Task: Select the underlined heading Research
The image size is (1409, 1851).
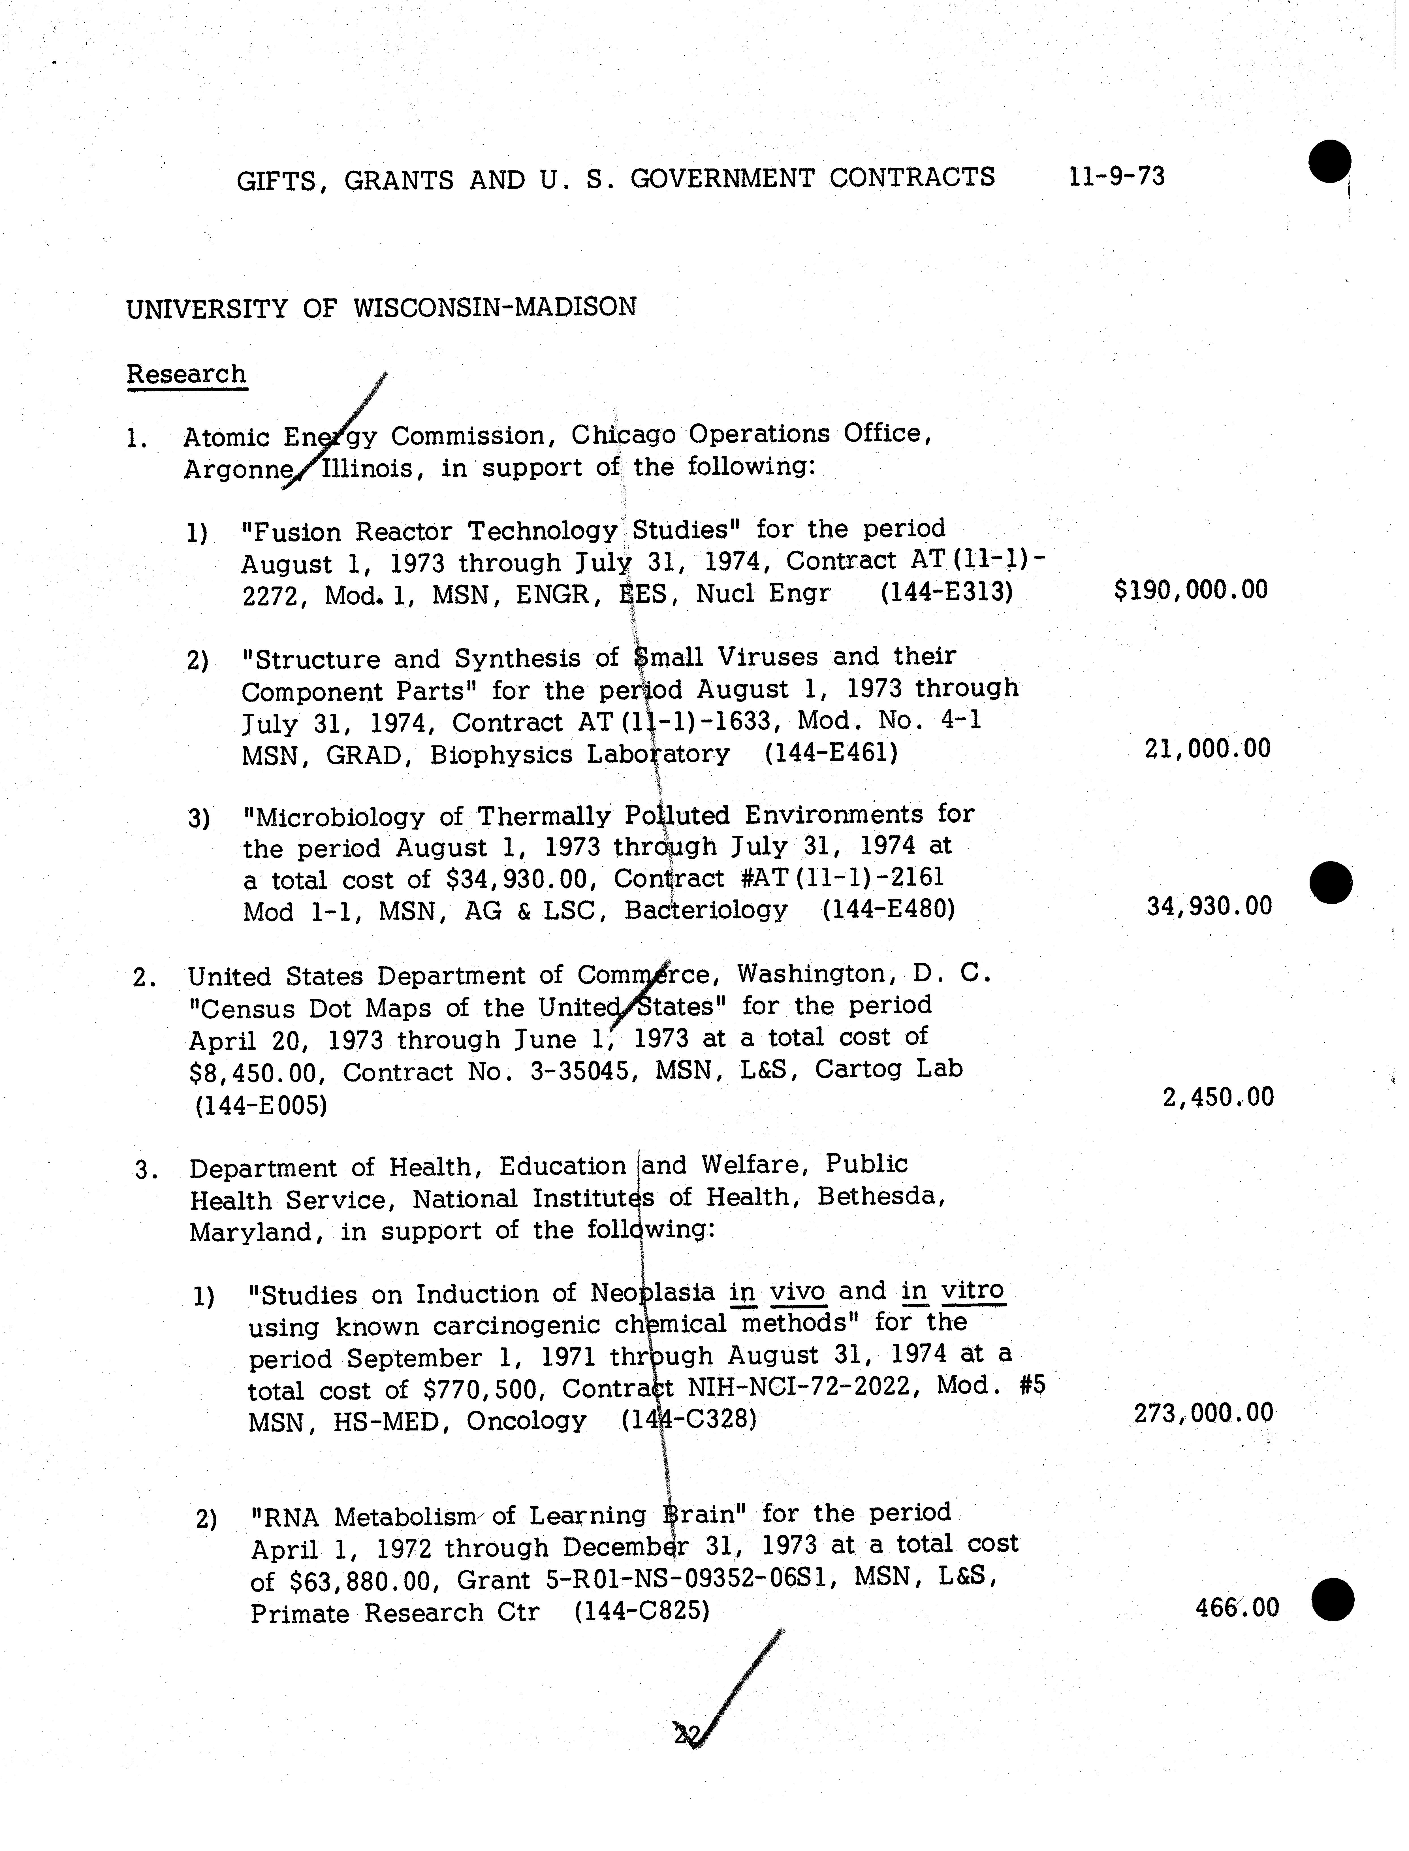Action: pyautogui.click(x=186, y=374)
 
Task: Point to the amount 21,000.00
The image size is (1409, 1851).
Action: pyautogui.click(x=1208, y=748)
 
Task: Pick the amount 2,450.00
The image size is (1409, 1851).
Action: pyautogui.click(x=1218, y=1097)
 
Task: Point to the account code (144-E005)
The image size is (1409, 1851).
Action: pyautogui.click(x=260, y=1105)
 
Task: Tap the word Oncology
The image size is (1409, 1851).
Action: pyautogui.click(x=526, y=1421)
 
